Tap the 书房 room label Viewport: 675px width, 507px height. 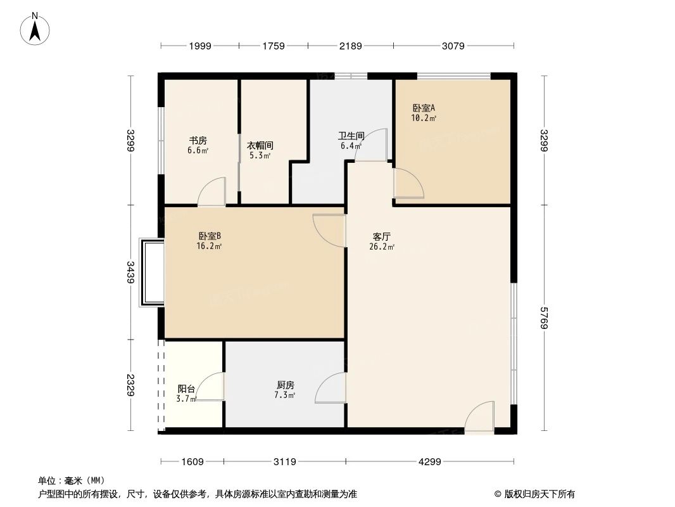tap(198, 141)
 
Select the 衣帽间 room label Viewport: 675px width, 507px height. tap(260, 145)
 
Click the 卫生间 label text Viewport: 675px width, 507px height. tap(351, 136)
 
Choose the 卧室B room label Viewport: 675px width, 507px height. tap(209, 236)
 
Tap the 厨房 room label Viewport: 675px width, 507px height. tap(286, 385)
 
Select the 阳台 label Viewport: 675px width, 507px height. tap(186, 388)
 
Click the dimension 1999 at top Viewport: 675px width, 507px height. tap(200, 46)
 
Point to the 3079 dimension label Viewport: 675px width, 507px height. tap(453, 46)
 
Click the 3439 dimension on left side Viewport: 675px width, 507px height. tap(130, 271)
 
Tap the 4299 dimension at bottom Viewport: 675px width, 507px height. tap(429, 462)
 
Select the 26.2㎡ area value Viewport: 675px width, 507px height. tap(382, 247)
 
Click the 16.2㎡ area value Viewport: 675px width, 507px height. tap(209, 246)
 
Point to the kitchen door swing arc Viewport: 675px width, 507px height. tap(329, 387)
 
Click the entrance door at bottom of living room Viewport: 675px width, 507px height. tap(479, 419)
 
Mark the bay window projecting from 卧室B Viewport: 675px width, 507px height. tap(151, 273)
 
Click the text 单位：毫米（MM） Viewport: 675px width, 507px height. tap(71, 480)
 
